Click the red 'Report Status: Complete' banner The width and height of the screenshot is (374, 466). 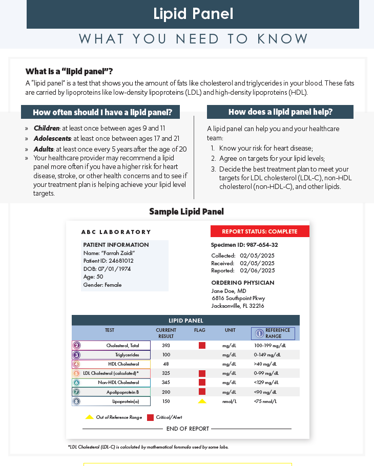[260, 231]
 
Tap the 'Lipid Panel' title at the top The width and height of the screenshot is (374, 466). [193, 14]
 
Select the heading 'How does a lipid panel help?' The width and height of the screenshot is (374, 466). [280, 112]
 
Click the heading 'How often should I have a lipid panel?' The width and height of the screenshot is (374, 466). [106, 112]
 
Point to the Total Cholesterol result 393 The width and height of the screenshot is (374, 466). [166, 346]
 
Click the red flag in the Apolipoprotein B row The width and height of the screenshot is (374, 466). [202, 392]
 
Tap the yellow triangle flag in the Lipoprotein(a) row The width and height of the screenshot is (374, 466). [202, 401]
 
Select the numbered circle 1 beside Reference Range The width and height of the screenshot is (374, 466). [259, 333]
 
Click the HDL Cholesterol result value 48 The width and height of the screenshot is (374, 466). [166, 364]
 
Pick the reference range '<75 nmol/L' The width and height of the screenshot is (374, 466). [265, 401]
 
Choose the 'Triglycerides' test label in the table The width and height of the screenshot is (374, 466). [127, 355]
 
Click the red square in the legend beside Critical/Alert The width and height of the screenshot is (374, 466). [151, 417]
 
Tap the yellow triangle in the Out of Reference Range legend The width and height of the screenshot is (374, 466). [90, 417]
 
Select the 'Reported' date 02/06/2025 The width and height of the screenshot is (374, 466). [257, 270]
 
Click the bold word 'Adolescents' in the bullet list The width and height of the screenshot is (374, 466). [52, 138]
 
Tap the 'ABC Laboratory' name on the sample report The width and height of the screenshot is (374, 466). [116, 232]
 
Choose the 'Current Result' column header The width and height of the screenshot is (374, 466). [166, 333]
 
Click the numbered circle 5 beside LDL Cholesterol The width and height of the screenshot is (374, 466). [76, 373]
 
